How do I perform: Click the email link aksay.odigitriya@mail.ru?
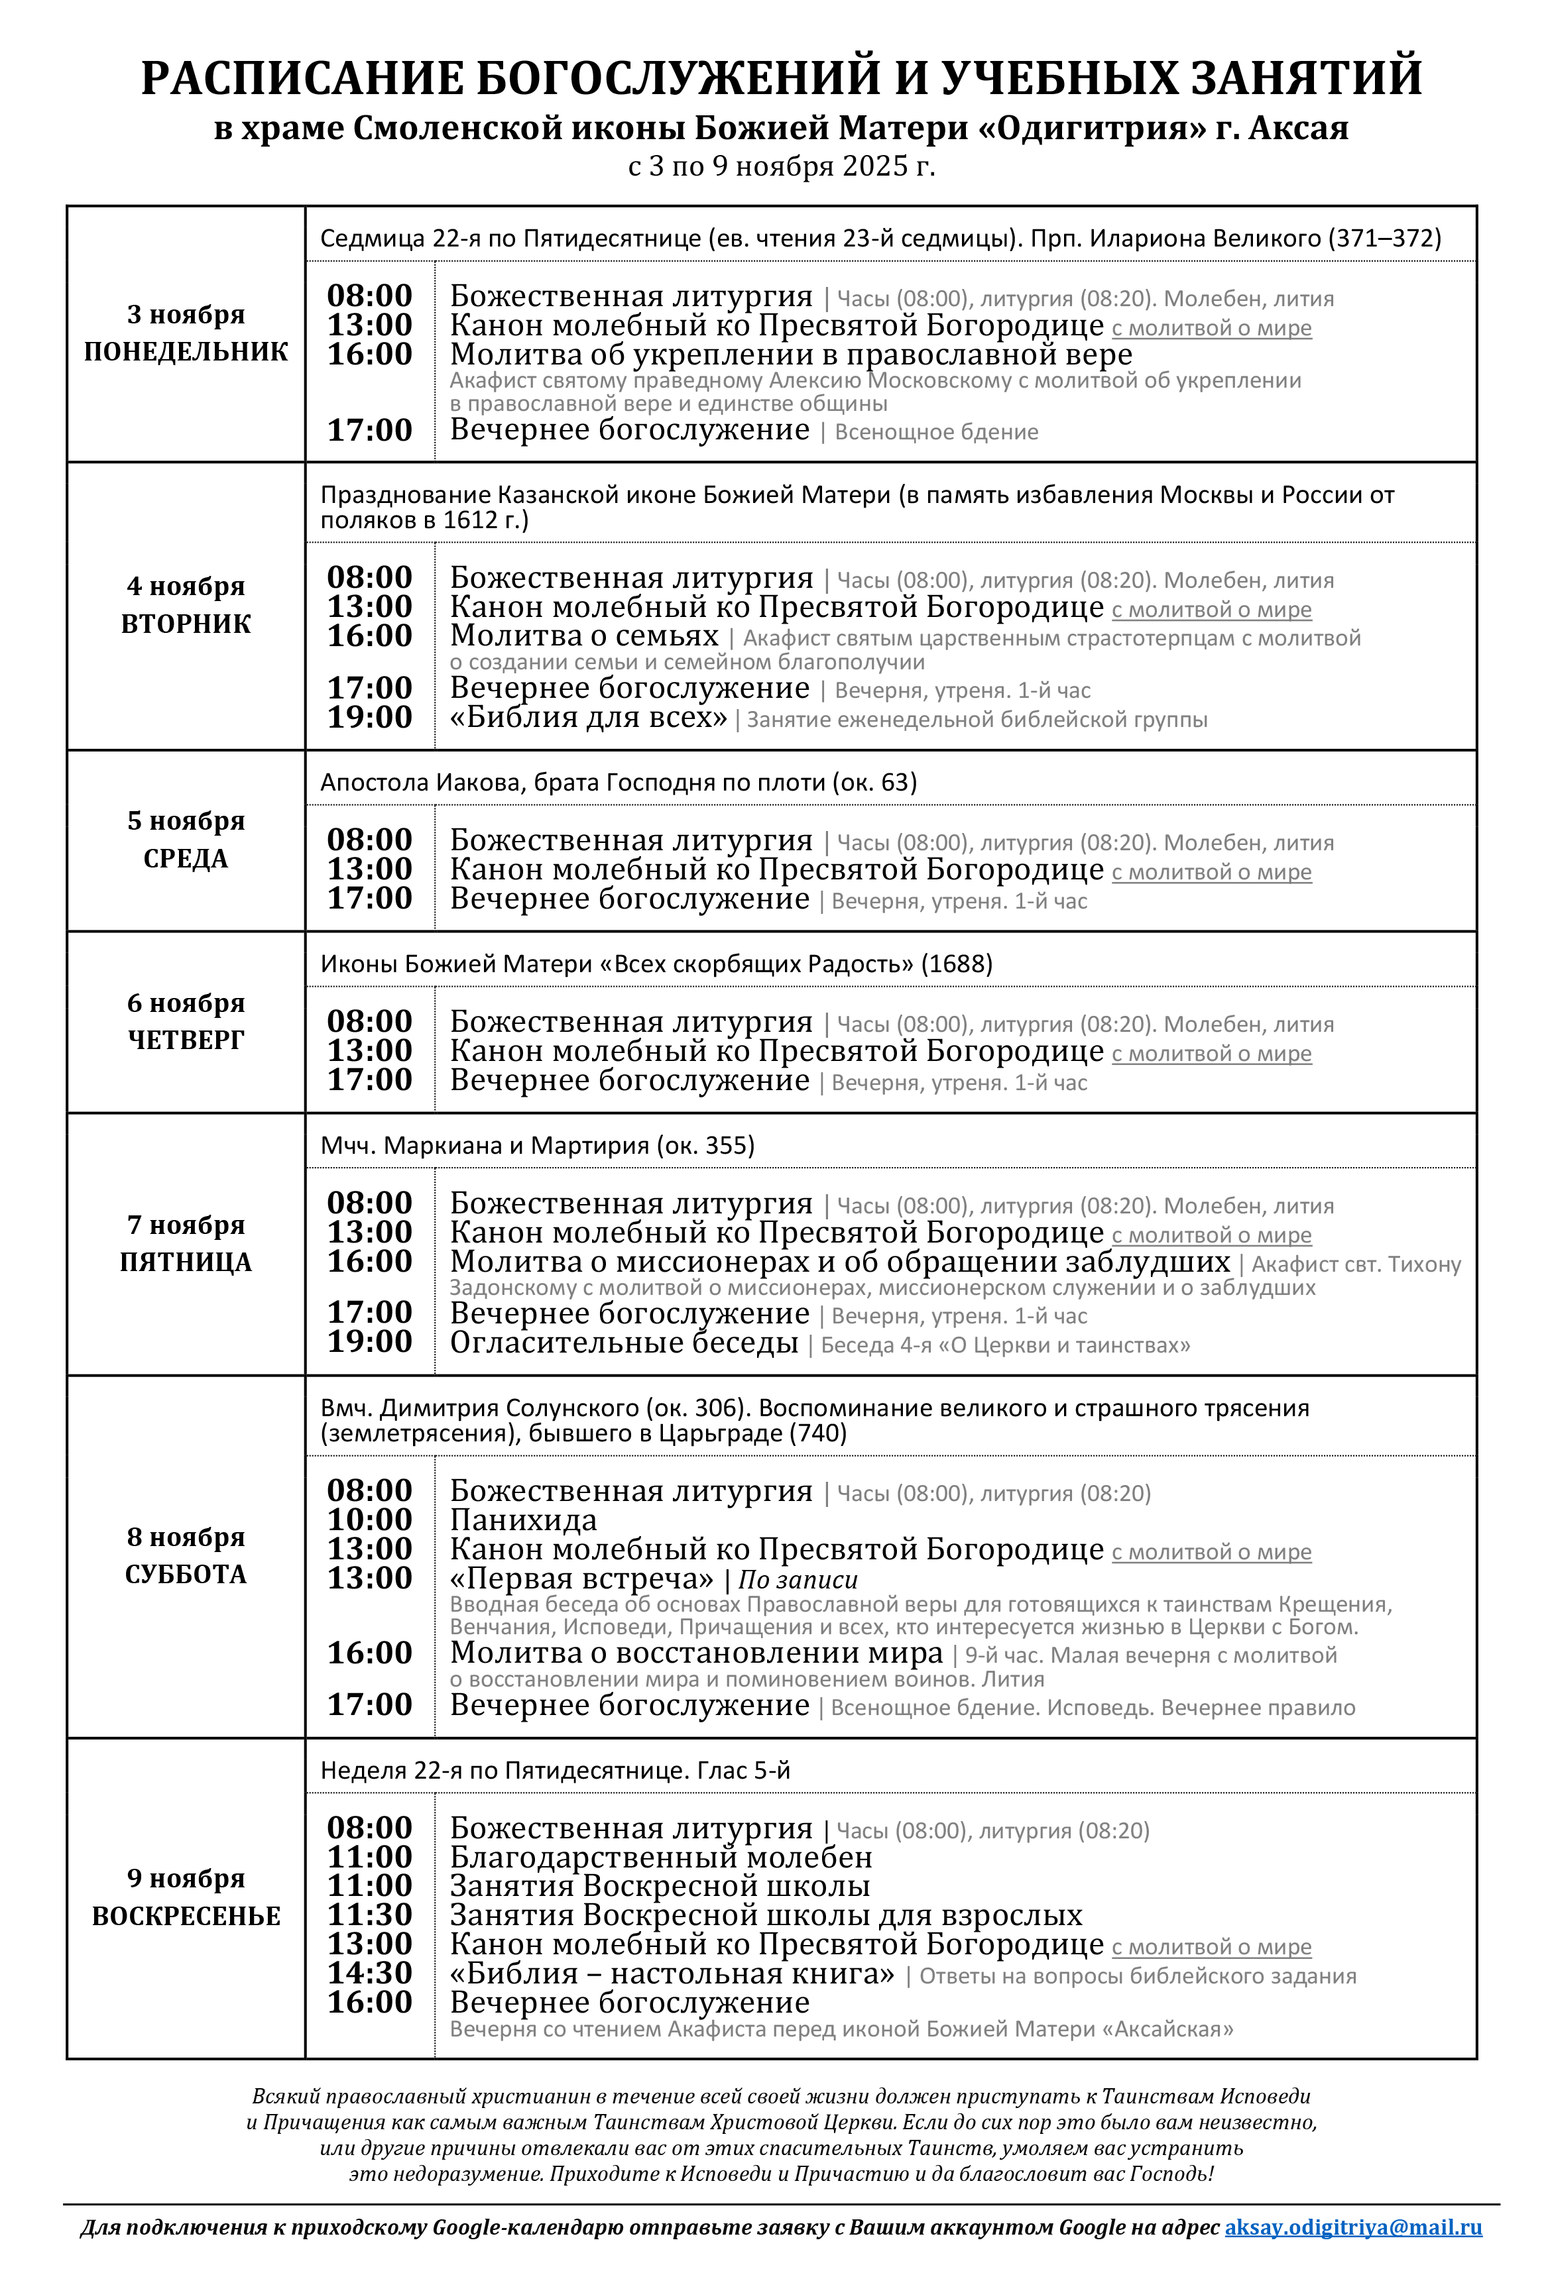1352,2227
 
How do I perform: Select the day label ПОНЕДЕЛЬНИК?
186,351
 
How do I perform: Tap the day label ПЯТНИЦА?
186,1262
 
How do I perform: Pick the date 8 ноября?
186,1536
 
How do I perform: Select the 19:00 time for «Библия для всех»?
369,718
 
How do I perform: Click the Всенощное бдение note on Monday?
935,432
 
